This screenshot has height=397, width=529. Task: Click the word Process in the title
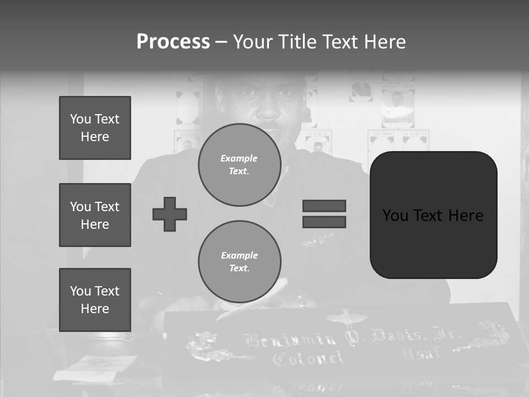pos(173,42)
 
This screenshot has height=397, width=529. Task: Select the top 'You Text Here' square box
pos(95,128)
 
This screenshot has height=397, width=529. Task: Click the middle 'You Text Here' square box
pos(95,215)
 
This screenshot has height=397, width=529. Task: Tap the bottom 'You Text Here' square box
pos(95,300)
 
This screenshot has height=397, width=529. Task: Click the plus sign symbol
pos(170,214)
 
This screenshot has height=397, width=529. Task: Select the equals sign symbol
pos(324,214)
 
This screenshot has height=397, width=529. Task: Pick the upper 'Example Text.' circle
pos(239,165)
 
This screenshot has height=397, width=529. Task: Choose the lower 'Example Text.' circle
pos(239,262)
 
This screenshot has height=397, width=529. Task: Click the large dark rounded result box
pos(433,214)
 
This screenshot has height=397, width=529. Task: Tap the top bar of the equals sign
pos(324,206)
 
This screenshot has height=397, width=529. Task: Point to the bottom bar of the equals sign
pos(324,222)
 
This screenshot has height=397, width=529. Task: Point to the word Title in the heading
pos(298,42)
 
